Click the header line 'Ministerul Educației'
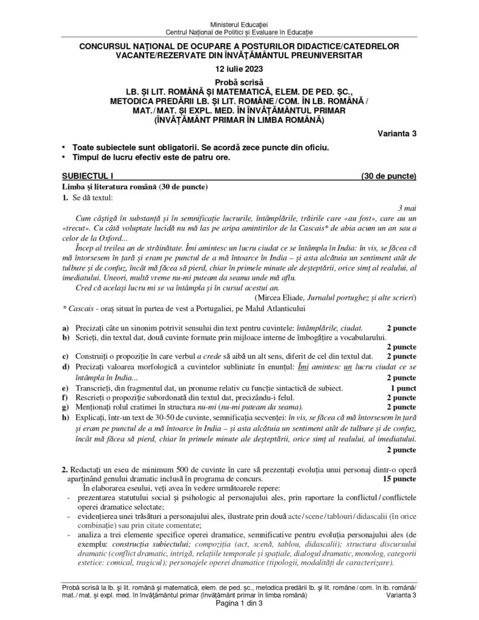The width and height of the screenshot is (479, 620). [x=239, y=22]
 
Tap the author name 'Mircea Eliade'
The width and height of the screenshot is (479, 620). [x=281, y=297]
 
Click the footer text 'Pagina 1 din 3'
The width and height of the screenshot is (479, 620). [x=239, y=607]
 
